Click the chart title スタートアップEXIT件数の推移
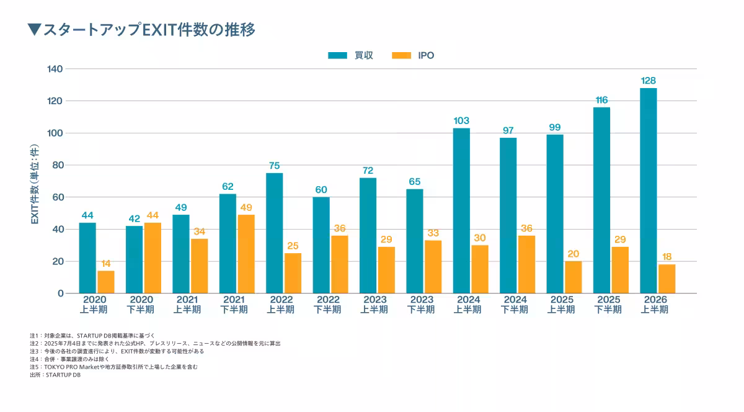(x=149, y=30)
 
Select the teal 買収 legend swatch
(x=337, y=55)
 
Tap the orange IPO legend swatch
(x=401, y=55)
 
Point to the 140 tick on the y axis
(x=55, y=69)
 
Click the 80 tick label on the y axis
(x=58, y=165)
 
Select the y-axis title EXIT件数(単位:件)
(x=35, y=184)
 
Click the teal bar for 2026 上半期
(x=649, y=190)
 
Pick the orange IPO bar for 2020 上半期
(x=106, y=282)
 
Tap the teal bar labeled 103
(x=461, y=210)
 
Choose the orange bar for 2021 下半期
(x=246, y=254)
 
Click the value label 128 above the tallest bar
(x=649, y=81)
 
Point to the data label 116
(x=601, y=100)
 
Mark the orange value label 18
(x=666, y=257)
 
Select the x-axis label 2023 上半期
(x=374, y=305)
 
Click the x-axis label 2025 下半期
(x=608, y=305)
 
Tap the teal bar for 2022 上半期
(x=274, y=233)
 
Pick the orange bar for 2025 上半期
(x=573, y=277)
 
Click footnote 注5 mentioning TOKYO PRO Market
(x=113, y=367)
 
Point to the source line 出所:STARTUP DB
(x=55, y=375)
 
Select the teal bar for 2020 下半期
(x=134, y=260)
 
